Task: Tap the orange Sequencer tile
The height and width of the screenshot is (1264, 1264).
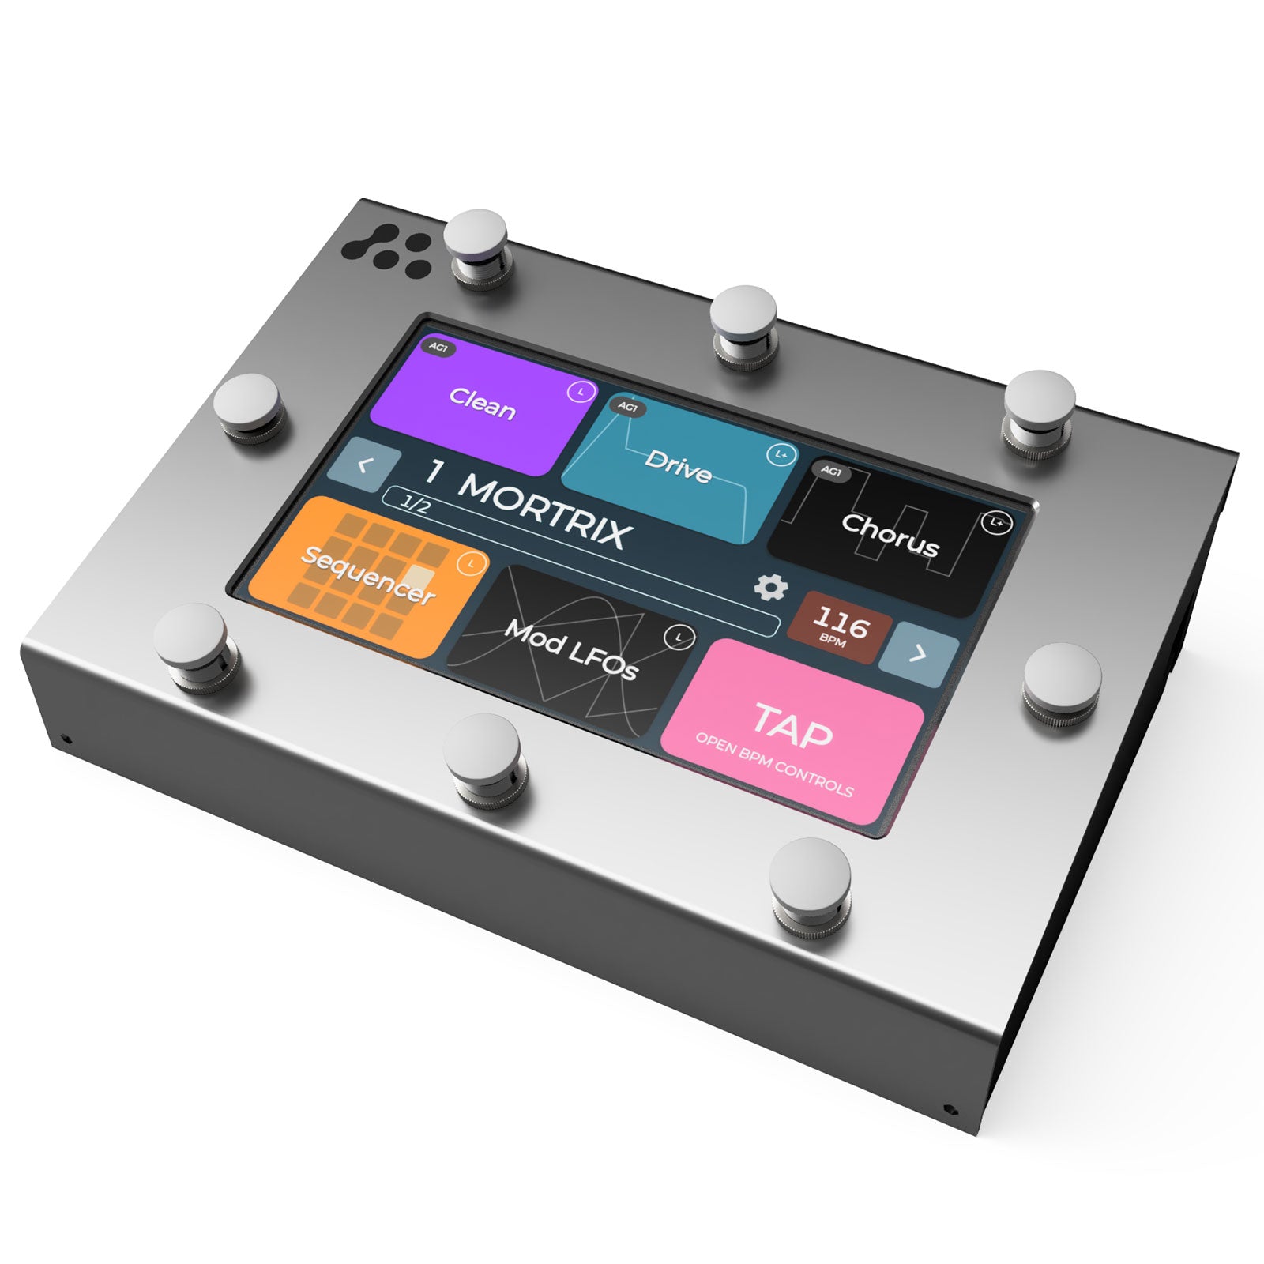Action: (367, 577)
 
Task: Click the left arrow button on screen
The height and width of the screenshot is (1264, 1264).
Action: (363, 465)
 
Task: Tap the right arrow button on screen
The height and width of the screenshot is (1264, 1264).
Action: (918, 654)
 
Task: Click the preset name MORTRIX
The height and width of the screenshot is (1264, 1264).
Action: (545, 510)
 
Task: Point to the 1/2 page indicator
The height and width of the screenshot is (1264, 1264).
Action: (415, 504)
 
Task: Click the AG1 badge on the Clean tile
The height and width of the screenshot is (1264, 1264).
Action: (438, 348)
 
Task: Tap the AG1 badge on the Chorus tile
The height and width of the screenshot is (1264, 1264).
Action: (831, 472)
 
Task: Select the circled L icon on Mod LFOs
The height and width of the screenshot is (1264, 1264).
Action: (678, 637)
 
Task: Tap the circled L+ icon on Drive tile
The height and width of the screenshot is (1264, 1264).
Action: (781, 455)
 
